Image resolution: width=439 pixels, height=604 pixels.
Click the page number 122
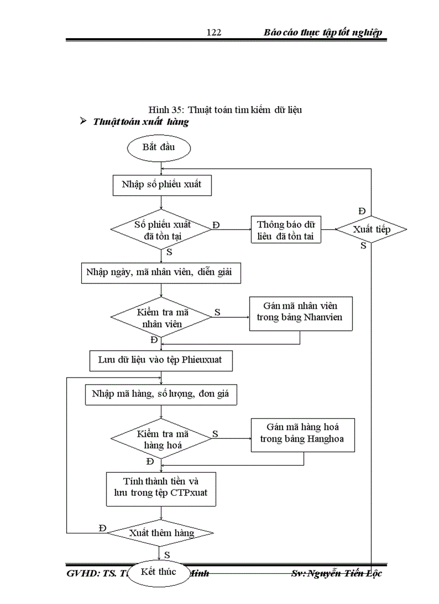point(214,33)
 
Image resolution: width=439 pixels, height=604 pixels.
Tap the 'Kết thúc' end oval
point(159,572)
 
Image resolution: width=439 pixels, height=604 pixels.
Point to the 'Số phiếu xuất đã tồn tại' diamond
point(161,230)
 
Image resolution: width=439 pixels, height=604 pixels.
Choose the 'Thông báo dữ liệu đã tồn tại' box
point(286,230)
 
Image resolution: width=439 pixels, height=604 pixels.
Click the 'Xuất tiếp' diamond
point(371,230)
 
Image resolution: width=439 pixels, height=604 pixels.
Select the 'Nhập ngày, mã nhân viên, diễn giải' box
point(161,273)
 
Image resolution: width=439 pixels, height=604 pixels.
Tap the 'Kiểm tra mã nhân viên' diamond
point(161,318)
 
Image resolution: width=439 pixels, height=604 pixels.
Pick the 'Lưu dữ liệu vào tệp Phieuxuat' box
point(161,360)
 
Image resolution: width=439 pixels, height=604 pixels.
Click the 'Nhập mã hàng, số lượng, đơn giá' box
point(161,394)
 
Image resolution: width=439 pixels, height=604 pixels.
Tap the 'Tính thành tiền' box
point(161,488)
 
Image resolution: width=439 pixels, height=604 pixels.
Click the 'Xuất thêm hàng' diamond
point(161,533)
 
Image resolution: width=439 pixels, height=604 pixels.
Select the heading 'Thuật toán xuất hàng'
point(140,122)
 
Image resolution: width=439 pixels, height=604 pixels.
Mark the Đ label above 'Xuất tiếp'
point(362,210)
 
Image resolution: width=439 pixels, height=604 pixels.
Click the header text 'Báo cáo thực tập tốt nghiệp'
point(323,33)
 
